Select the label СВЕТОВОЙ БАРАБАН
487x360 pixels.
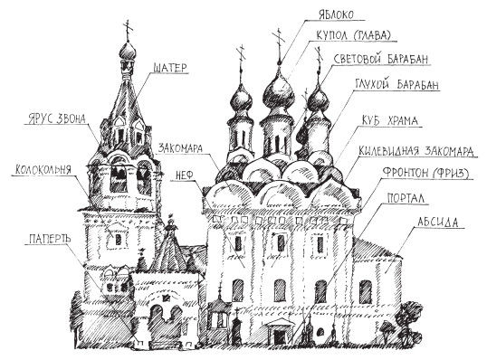tap(380, 60)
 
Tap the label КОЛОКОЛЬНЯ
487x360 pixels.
tap(44, 168)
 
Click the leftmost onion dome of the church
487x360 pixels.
tap(243, 100)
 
